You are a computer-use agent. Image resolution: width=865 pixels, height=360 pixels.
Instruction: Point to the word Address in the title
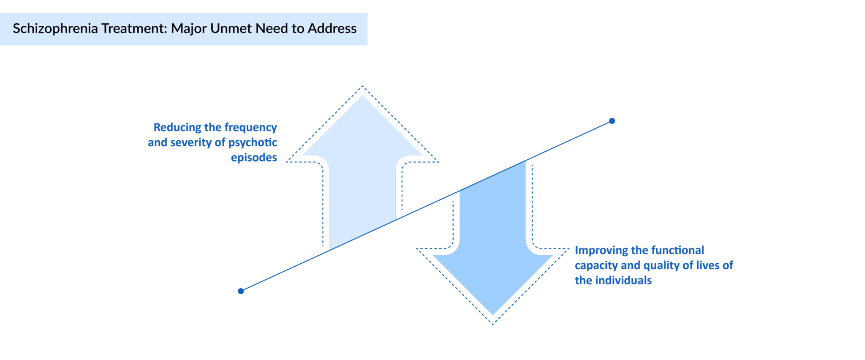click(332, 29)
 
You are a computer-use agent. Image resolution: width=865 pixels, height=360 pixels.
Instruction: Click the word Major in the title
click(189, 29)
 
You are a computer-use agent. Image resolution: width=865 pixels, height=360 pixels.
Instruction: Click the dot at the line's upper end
click(612, 121)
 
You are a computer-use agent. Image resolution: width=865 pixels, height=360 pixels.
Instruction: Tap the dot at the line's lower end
click(241, 291)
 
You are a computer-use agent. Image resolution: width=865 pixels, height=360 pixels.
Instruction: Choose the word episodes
click(254, 158)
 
